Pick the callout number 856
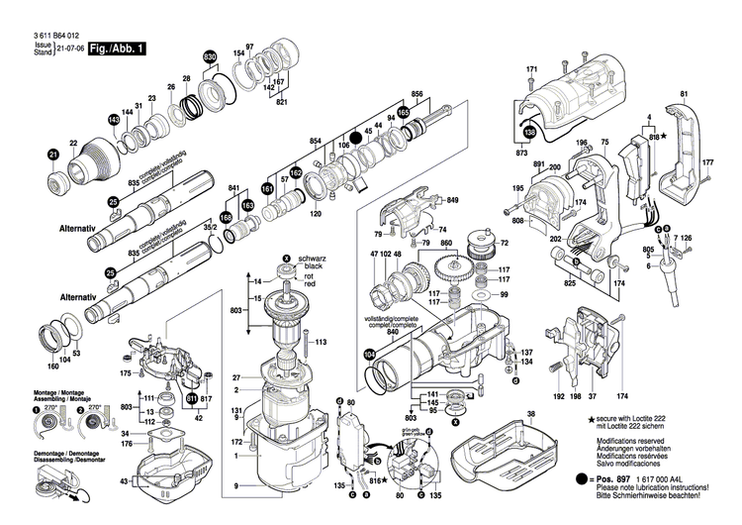point(417,94)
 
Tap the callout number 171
point(531,68)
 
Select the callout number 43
point(122,481)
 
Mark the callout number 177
point(707,162)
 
